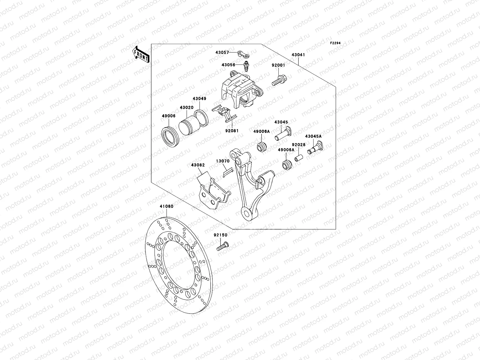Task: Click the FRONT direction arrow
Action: point(141,54)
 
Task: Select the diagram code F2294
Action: point(336,43)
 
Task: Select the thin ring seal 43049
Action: point(201,118)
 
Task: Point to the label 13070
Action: point(223,161)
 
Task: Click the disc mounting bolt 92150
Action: point(222,247)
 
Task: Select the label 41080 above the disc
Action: point(166,206)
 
